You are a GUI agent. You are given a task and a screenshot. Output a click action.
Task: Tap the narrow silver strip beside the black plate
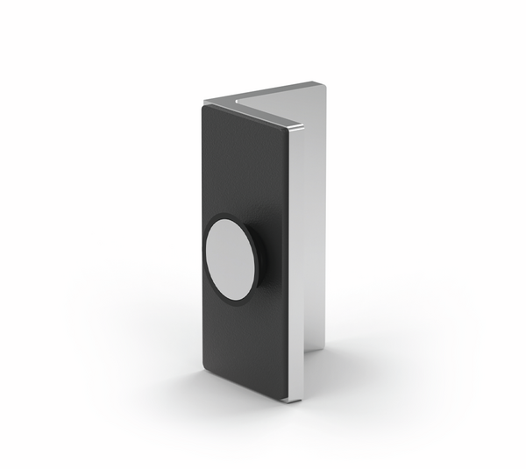click(x=295, y=263)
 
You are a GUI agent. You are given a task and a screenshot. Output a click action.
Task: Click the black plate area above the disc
click(x=245, y=167)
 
